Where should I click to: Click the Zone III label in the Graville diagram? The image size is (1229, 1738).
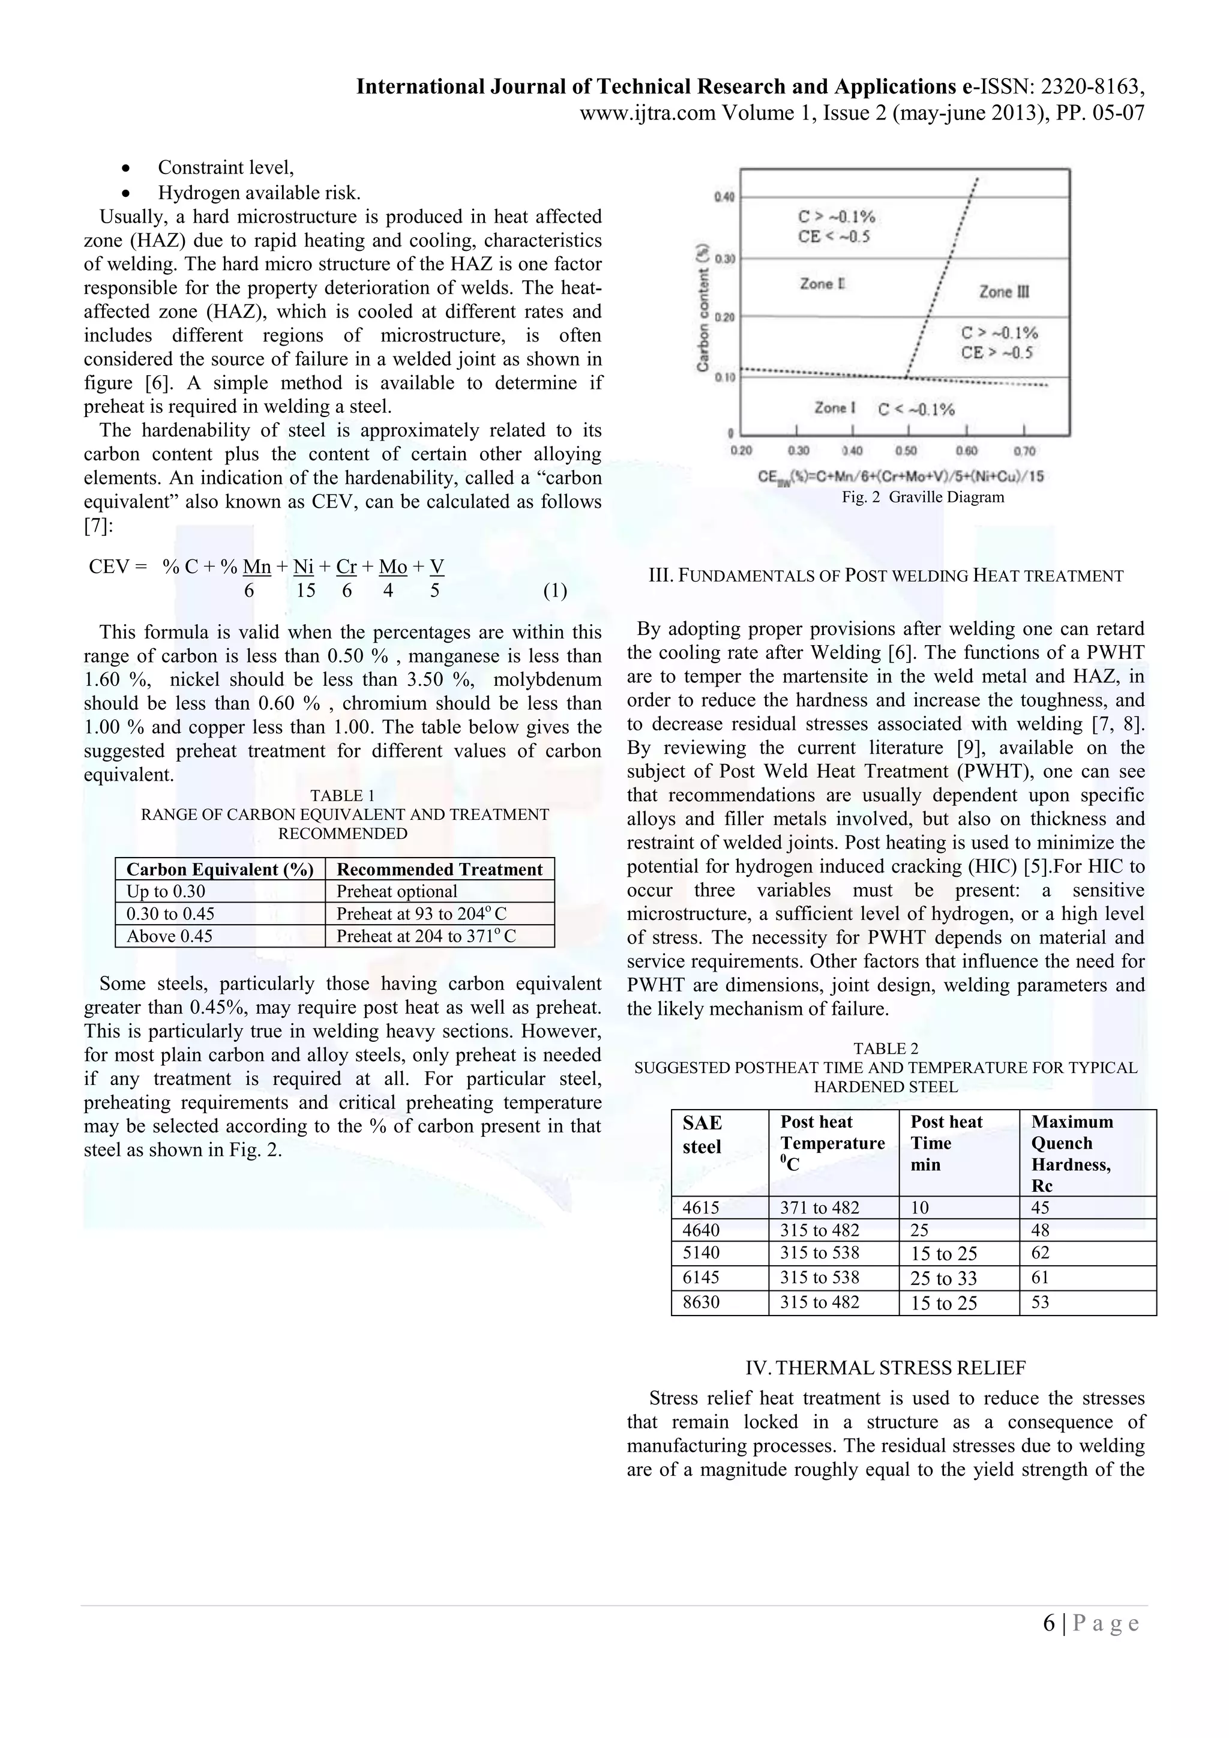pos(1004,292)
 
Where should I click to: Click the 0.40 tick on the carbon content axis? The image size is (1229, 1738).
pos(724,197)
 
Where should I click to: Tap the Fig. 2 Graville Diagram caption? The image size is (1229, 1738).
pos(922,498)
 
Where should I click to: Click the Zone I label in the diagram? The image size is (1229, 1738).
pos(835,408)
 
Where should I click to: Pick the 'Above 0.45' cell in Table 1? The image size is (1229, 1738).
pos(169,936)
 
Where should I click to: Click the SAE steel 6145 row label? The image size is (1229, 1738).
pos(701,1277)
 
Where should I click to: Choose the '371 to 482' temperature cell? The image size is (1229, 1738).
pos(820,1207)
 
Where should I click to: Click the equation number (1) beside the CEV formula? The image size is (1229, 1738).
pos(554,591)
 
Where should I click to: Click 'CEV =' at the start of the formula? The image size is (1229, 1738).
pos(117,567)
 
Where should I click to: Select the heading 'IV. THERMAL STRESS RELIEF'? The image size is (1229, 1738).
pos(885,1368)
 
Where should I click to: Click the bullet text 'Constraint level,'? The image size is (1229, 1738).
pos(226,167)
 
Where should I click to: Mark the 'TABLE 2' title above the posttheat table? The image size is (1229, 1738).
pos(885,1048)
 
